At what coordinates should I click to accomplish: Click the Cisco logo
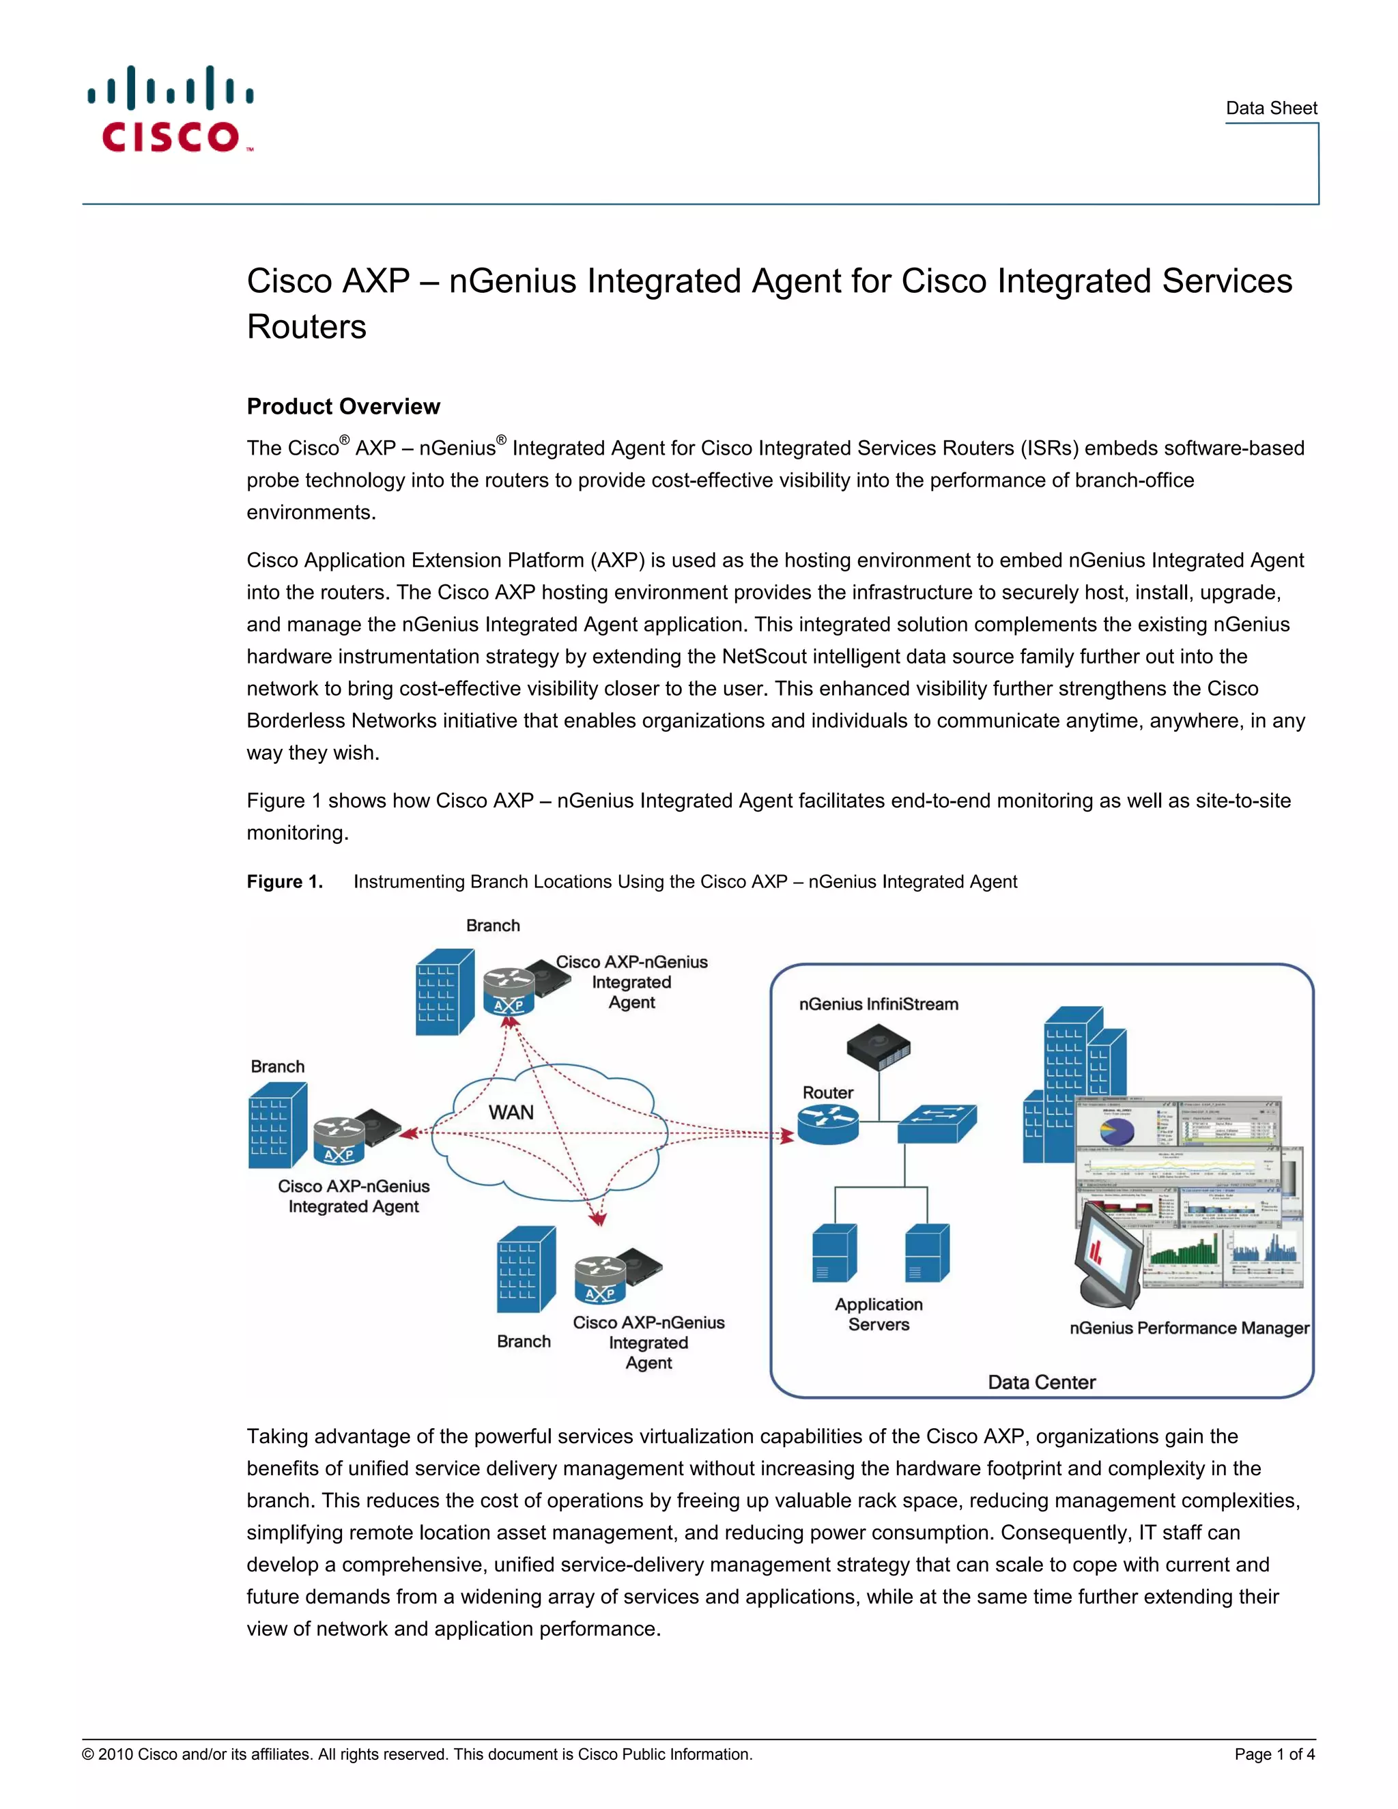point(171,109)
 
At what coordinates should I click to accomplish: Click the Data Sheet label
point(1270,109)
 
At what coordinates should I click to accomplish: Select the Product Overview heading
point(343,407)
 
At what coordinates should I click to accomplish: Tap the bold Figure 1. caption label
point(284,882)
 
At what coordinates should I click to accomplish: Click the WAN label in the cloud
point(511,1113)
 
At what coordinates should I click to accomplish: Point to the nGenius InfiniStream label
point(878,1004)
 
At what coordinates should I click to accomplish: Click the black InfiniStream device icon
point(878,1047)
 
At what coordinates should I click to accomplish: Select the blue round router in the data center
point(827,1124)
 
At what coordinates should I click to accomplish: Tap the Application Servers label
point(878,1315)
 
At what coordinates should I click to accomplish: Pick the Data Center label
point(1041,1382)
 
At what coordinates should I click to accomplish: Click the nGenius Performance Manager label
point(1188,1328)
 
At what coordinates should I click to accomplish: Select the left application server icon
point(834,1253)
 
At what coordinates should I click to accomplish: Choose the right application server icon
point(927,1253)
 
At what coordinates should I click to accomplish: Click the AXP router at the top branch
point(509,991)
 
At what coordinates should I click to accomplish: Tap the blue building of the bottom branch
point(525,1270)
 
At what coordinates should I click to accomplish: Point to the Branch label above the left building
point(277,1067)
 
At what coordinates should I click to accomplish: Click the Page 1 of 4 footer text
point(1274,1754)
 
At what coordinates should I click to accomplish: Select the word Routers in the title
point(306,327)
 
